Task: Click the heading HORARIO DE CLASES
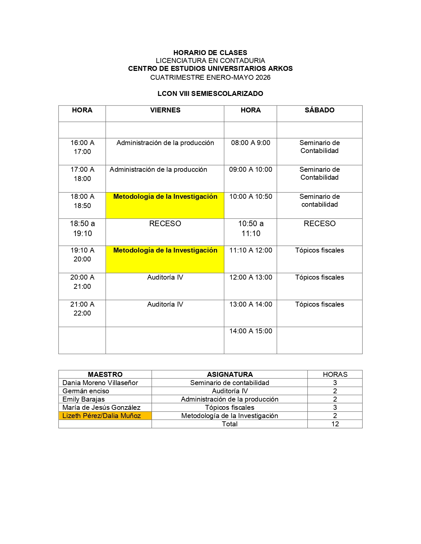[210, 53]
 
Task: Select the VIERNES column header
[165, 110]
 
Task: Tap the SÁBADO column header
[319, 110]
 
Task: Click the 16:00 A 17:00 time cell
[82, 147]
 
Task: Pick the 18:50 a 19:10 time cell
[82, 228]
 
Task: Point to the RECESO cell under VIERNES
[165, 224]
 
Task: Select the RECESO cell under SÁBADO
[319, 224]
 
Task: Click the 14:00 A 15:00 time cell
[251, 331]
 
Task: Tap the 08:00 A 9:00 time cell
[251, 143]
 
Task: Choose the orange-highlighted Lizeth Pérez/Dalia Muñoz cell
[102, 416]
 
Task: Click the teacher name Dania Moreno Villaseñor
[100, 383]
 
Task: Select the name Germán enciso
[86, 391]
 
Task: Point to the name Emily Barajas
[84, 399]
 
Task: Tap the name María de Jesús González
[101, 408]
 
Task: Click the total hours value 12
[335, 424]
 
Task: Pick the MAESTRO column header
[105, 375]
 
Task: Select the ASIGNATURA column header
[230, 375]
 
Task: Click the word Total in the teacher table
[229, 424]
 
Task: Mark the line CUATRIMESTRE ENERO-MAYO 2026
[210, 77]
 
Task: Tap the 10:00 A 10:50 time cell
[251, 196]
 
